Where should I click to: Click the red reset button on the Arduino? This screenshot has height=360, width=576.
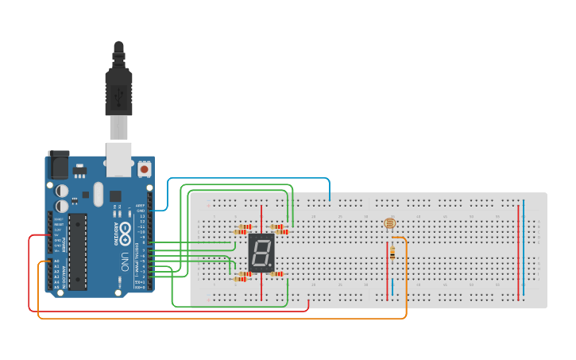(144, 168)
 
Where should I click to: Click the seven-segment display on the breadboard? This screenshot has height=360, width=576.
(261, 253)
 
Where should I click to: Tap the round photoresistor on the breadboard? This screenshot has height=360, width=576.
(389, 224)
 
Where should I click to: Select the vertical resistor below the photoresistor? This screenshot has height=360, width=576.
(392, 253)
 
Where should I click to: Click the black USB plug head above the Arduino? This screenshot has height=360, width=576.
(118, 87)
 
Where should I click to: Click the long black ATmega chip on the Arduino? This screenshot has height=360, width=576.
(77, 250)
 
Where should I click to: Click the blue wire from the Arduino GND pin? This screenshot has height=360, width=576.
(246, 180)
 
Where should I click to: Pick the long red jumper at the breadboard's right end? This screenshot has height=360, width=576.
(518, 250)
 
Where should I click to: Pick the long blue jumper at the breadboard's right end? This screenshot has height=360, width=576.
(523, 250)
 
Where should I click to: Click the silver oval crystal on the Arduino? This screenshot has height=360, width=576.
(98, 193)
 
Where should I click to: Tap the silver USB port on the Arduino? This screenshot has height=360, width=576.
(119, 159)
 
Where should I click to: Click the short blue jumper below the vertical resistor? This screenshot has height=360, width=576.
(392, 286)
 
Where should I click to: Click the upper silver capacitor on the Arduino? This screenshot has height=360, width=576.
(62, 190)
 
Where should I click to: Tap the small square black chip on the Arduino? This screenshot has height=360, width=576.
(116, 195)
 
